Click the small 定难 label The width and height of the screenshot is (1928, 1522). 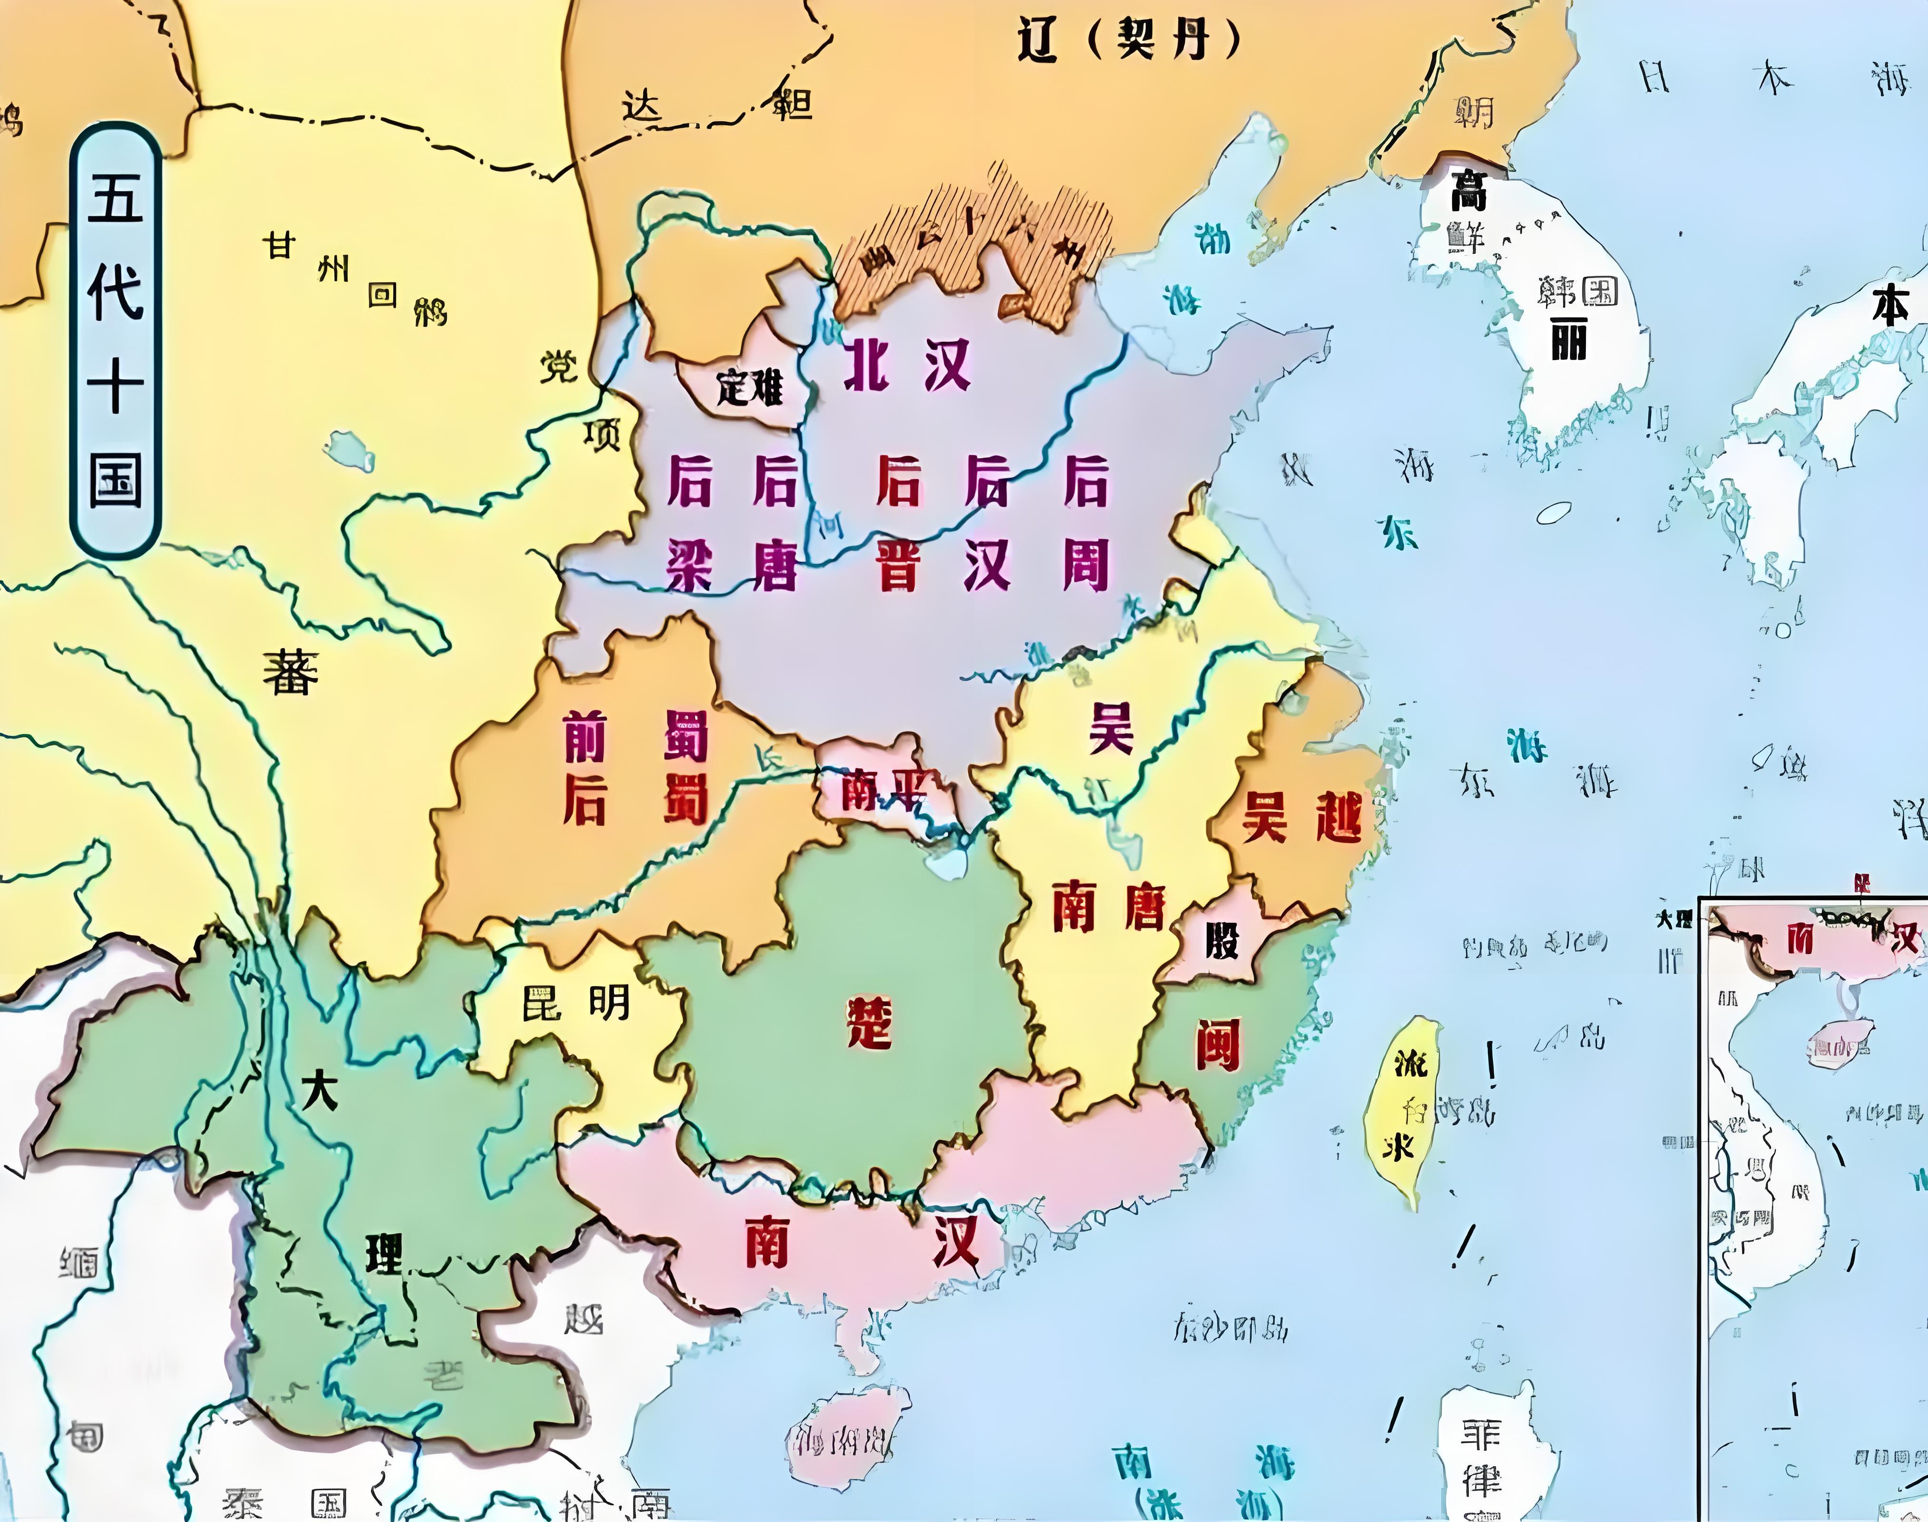749,388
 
